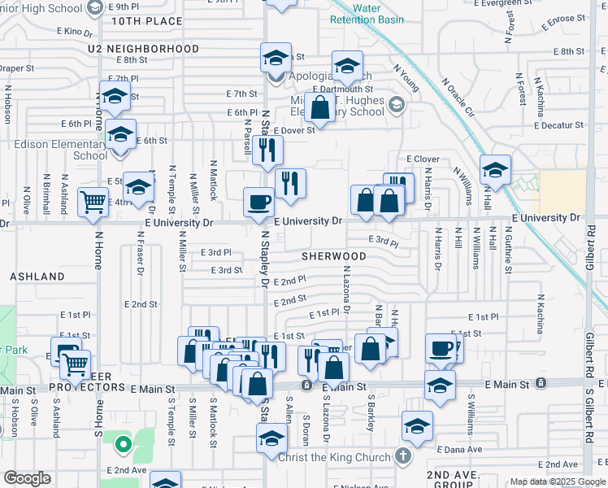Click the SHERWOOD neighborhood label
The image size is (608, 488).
click(333, 255)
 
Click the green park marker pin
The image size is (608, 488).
click(123, 444)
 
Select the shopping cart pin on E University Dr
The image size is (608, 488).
click(93, 201)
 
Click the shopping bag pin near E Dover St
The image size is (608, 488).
click(321, 108)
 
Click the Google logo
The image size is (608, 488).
click(27, 478)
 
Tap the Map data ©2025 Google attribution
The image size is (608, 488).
click(558, 481)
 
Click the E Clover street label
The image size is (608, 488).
click(422, 159)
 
